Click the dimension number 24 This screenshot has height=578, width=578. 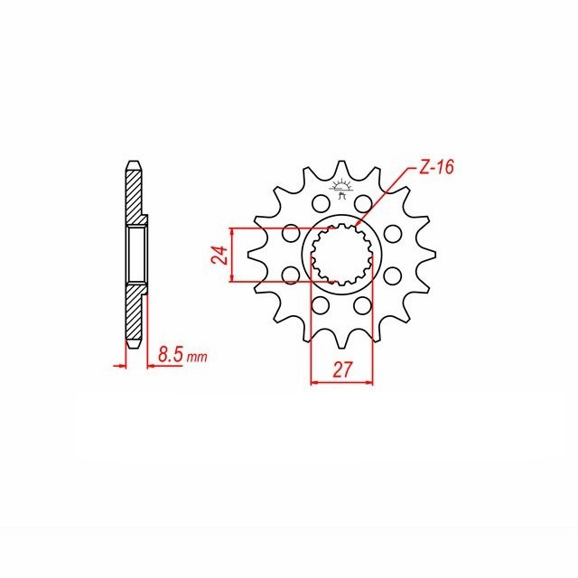219,255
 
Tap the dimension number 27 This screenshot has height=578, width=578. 341,368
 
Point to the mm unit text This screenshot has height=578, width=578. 198,358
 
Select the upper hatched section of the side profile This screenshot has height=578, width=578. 134,194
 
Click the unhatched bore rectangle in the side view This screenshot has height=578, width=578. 135,254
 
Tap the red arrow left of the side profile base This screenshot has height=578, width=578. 118,365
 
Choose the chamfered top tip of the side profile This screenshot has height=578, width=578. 133,163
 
